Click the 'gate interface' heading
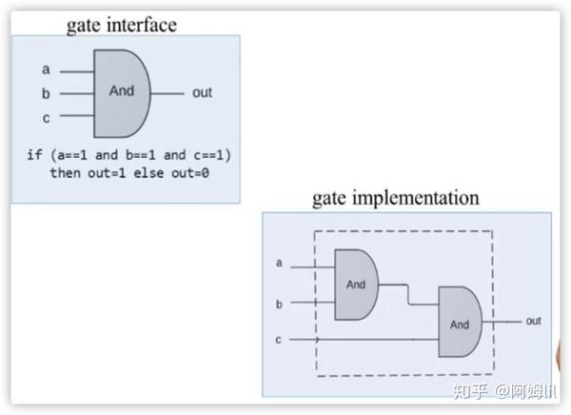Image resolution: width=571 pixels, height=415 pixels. click(121, 24)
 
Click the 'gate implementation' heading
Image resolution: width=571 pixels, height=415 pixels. click(396, 199)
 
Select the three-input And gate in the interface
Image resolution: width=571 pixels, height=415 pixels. click(122, 92)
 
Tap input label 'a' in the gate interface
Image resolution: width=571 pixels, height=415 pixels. click(45, 69)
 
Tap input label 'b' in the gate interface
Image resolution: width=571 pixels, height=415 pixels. click(45, 93)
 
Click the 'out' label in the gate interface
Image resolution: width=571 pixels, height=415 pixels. click(202, 93)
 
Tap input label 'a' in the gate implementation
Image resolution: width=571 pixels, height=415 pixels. click(279, 263)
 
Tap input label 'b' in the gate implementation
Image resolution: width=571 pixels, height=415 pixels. click(279, 304)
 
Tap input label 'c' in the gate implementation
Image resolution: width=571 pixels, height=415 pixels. click(279, 338)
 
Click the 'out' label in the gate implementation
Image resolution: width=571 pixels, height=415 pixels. click(533, 322)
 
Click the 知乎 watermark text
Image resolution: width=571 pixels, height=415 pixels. click(472, 391)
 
